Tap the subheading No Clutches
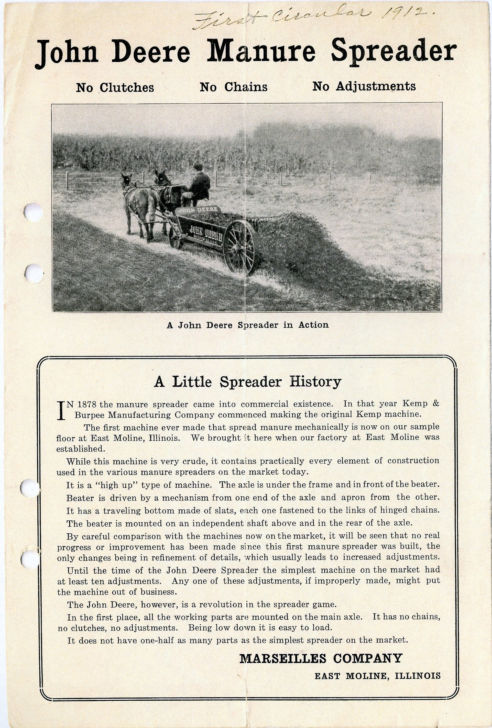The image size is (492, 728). pos(115,87)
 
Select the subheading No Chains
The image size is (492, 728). pos(234,87)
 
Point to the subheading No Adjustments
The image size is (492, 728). pos(364,86)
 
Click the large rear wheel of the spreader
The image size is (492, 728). pos(239,247)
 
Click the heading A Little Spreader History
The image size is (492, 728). pos(248,382)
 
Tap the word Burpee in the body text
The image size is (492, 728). pos(91,415)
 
